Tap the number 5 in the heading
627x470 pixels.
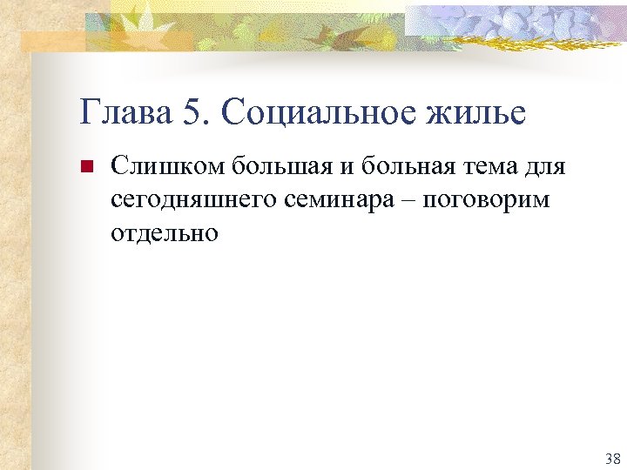click(x=193, y=112)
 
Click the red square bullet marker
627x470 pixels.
click(x=85, y=166)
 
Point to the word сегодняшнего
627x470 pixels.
click(x=191, y=200)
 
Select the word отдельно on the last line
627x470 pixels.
click(x=165, y=233)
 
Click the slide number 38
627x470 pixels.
click(x=611, y=458)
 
